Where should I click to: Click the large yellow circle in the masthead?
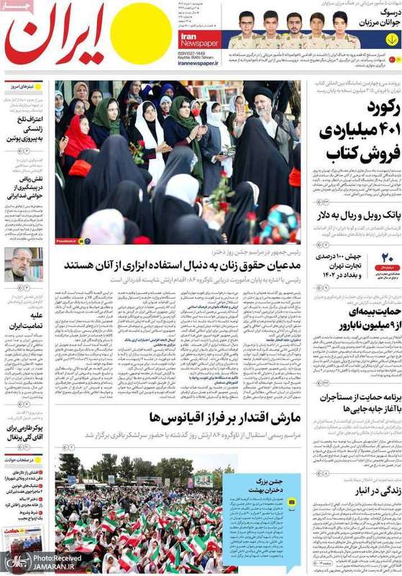click(x=141, y=34)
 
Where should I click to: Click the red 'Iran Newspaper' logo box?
click(x=198, y=39)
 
